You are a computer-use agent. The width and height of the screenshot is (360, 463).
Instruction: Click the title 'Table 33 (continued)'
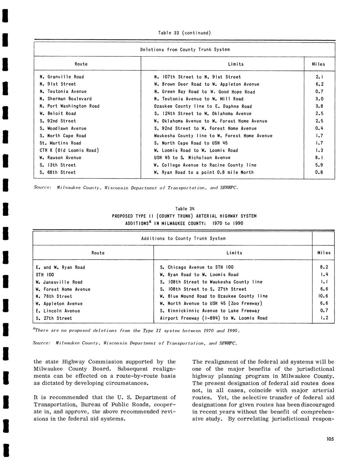click(184, 33)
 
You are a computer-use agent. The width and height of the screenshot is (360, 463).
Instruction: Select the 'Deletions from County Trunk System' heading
click(185, 50)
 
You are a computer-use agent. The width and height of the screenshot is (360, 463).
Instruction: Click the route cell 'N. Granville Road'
click(62, 77)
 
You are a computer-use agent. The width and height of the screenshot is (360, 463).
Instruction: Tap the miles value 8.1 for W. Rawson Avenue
click(319, 158)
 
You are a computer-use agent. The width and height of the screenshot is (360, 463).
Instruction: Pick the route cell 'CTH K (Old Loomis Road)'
click(69, 150)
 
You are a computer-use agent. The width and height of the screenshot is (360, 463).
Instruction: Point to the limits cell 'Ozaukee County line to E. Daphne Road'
click(203, 106)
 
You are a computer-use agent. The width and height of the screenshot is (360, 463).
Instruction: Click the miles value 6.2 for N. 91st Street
click(319, 84)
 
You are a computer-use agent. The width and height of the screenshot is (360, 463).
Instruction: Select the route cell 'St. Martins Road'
click(60, 143)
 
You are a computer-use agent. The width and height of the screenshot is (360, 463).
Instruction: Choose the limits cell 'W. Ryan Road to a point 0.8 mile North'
click(204, 172)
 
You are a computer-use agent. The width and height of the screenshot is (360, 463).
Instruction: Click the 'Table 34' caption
click(185, 209)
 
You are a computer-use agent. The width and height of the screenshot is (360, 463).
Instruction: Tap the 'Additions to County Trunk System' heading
click(183, 239)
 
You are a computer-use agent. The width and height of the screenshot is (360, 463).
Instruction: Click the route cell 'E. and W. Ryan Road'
click(60, 267)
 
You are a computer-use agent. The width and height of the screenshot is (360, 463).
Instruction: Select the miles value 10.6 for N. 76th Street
click(323, 296)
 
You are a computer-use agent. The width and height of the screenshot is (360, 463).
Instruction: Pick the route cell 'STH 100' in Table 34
click(45, 275)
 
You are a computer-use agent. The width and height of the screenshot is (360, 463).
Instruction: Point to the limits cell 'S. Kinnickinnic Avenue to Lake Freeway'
click(210, 311)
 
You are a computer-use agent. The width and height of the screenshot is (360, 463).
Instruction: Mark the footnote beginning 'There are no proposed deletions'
click(137, 330)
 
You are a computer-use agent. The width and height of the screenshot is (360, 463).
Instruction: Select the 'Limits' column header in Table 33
click(236, 64)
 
